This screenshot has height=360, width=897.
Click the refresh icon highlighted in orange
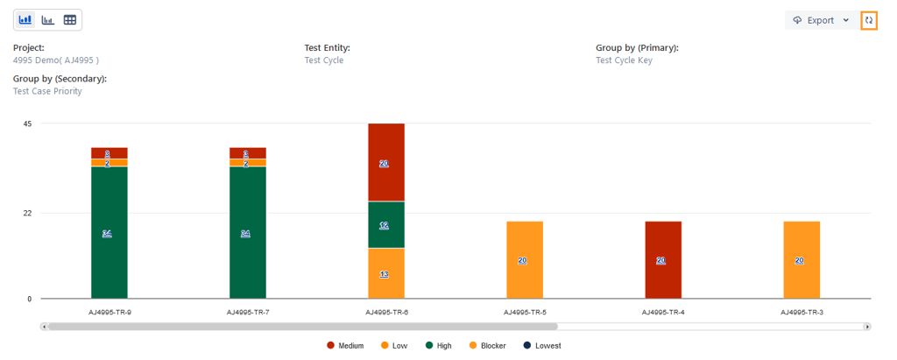pyautogui.click(x=869, y=20)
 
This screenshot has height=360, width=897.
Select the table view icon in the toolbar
pyautogui.click(x=70, y=19)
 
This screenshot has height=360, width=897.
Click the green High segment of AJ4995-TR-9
pyautogui.click(x=109, y=232)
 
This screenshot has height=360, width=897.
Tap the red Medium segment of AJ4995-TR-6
pyautogui.click(x=386, y=163)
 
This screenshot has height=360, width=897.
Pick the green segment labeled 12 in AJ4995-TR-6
pyautogui.click(x=386, y=225)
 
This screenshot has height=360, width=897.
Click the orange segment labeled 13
pyautogui.click(x=386, y=273)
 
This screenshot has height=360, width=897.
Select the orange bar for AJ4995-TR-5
pyautogui.click(x=525, y=260)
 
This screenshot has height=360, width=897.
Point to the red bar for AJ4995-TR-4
pyautogui.click(x=663, y=260)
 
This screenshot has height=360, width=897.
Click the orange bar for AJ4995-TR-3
pyautogui.click(x=802, y=260)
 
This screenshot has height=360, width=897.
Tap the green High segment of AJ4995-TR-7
pyautogui.click(x=248, y=232)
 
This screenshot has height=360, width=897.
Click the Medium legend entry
pyautogui.click(x=345, y=346)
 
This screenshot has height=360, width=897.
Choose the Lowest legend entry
pyautogui.click(x=542, y=346)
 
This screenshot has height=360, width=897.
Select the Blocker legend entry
pyautogui.click(x=487, y=346)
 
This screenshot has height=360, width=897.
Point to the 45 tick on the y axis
pyautogui.click(x=27, y=124)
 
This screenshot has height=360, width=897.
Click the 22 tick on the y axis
pyautogui.click(x=27, y=213)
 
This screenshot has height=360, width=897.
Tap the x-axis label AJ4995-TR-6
pyautogui.click(x=386, y=312)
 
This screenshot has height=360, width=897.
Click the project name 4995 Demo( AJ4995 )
pyautogui.click(x=56, y=60)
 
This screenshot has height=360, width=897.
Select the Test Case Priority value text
pyautogui.click(x=48, y=91)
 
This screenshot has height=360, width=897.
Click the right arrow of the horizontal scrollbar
pyautogui.click(x=867, y=327)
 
